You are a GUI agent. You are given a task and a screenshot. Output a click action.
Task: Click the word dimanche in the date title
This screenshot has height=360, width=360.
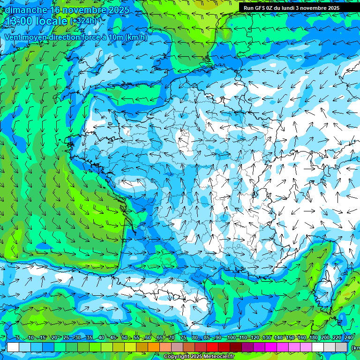pyautogui.click(x=26, y=9)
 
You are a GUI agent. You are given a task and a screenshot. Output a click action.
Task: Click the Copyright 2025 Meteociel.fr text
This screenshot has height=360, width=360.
pyautogui.click(x=199, y=357)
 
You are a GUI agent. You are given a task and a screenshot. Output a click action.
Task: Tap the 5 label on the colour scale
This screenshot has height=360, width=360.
pyautogui.click(x=17, y=337)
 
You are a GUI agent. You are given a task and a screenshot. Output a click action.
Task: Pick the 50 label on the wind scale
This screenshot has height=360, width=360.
pyautogui.click(x=124, y=337)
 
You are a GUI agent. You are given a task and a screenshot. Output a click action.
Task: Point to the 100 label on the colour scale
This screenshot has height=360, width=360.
pyautogui.click(x=231, y=337)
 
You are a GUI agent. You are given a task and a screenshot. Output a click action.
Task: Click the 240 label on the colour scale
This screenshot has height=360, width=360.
pyautogui.click(x=348, y=337)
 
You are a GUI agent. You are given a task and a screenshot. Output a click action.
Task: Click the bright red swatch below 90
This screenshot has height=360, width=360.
pyautogui.click(x=212, y=347)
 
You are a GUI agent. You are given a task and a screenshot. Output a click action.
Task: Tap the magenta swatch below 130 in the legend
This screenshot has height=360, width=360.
pyautogui.click(x=271, y=347)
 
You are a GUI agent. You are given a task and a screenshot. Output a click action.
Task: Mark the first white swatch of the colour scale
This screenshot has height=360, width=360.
pyautogui.click(x=13, y=347)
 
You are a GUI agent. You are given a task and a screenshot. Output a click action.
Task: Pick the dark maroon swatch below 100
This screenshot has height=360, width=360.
pyautogui.click(x=236, y=347)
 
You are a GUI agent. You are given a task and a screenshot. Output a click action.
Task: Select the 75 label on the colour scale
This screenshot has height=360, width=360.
pyautogui.click(x=183, y=337)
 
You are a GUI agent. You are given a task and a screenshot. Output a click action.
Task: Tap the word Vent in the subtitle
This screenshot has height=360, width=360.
pyautogui.click(x=14, y=37)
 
